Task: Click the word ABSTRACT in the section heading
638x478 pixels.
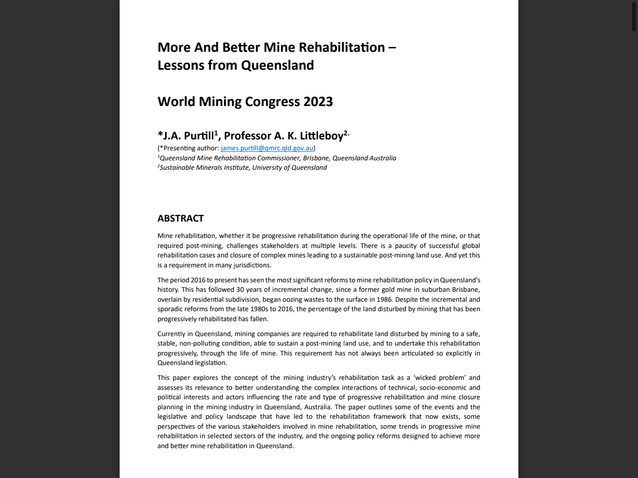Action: pos(180,219)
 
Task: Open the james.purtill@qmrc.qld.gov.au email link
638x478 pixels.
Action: pos(267,148)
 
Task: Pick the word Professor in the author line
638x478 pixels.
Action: pos(248,136)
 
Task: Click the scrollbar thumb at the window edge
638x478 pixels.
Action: pos(634,16)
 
